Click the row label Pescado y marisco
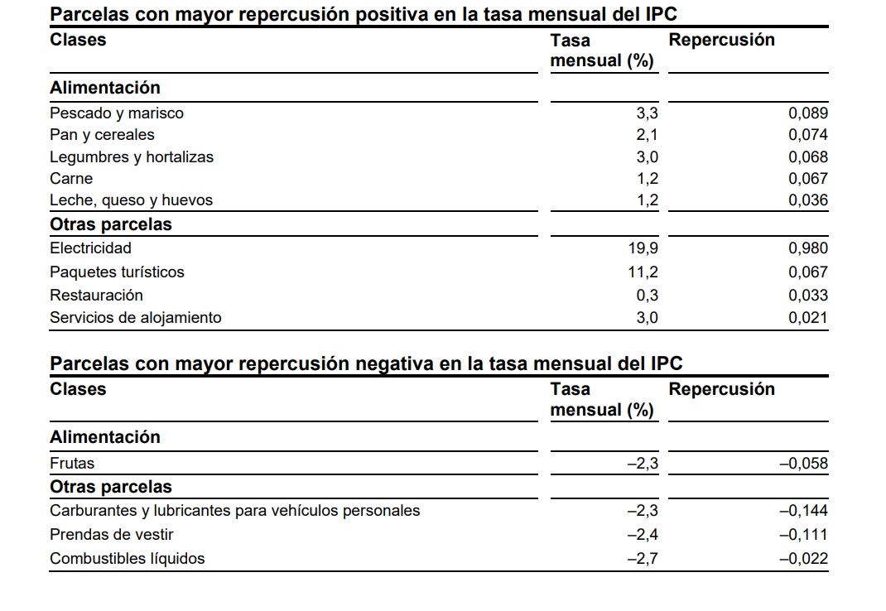pos(117,113)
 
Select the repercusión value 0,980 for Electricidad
pos(807,248)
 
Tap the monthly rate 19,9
pos(643,248)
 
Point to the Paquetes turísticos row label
pos(117,272)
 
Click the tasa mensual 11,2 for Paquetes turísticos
pos(643,272)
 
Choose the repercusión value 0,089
pos(807,113)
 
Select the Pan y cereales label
pos(102,135)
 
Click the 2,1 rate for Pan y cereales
pos(648,135)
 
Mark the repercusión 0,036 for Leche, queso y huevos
pos(807,200)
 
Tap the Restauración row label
pos(96,296)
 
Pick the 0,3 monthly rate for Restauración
pos(648,296)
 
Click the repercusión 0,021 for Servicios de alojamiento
pos(807,318)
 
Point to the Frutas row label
pos(72,464)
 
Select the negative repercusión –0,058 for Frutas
pos(803,464)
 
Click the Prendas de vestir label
pos(112,535)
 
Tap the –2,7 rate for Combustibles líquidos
pos(643,559)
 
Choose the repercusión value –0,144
pos(803,511)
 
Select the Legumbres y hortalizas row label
pos(132,157)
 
